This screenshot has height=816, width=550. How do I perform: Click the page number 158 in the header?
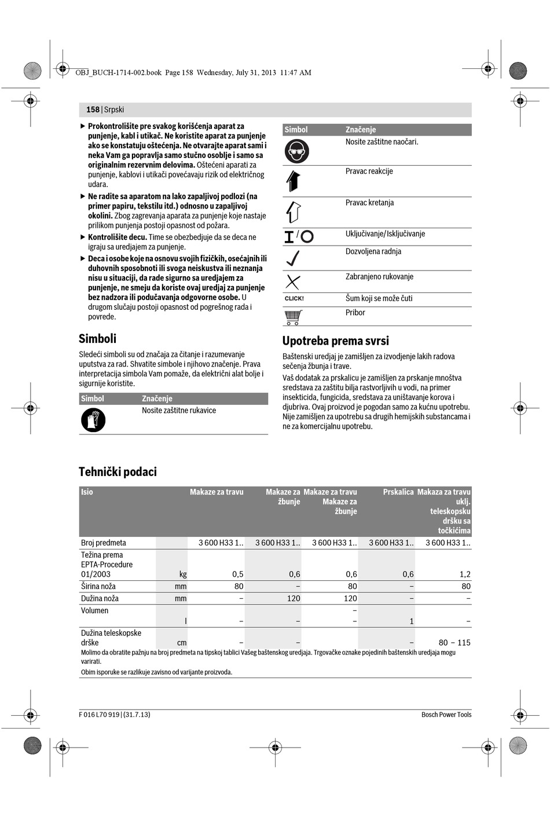click(93, 109)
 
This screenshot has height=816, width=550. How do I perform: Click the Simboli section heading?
click(97, 339)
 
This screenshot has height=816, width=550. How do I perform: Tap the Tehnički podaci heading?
click(118, 472)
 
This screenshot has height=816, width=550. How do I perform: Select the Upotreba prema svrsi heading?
click(335, 341)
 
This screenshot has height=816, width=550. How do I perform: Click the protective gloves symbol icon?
click(93, 420)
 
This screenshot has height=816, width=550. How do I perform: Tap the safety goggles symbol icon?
click(297, 151)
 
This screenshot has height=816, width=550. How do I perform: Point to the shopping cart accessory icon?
click(294, 317)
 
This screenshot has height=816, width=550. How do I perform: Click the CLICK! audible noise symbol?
click(294, 299)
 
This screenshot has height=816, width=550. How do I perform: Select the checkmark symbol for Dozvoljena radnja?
click(293, 258)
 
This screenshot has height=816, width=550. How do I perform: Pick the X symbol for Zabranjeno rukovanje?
click(293, 282)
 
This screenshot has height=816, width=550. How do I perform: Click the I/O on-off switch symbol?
click(298, 236)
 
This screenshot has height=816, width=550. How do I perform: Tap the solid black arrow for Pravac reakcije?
click(293, 181)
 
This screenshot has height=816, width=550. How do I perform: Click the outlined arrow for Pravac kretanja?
click(293, 212)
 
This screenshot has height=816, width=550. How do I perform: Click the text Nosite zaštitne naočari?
click(382, 142)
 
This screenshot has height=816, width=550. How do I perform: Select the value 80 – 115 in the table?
click(454, 642)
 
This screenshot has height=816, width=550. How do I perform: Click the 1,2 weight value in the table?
click(465, 574)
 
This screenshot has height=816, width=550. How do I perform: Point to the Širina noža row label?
click(98, 586)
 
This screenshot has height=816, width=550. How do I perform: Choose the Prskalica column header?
click(398, 492)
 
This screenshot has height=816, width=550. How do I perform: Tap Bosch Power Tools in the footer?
click(446, 715)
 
